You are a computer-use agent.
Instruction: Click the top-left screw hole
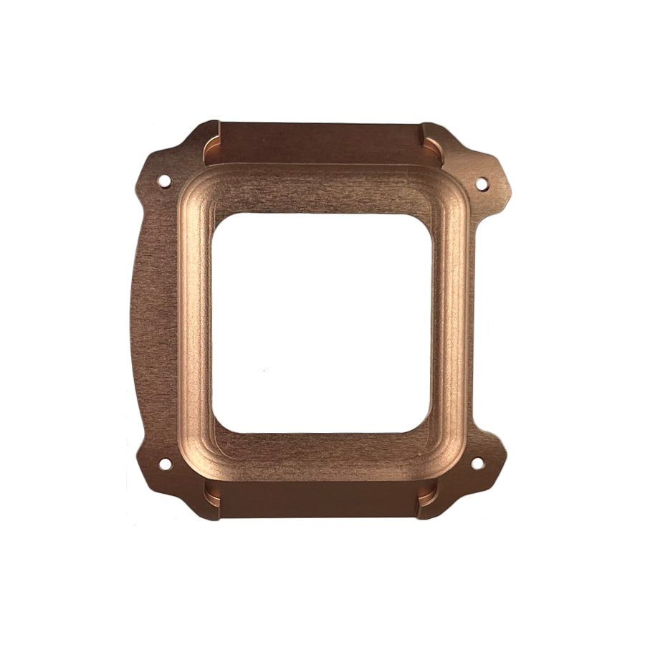pyautogui.click(x=164, y=181)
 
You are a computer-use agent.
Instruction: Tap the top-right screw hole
pyautogui.click(x=481, y=183)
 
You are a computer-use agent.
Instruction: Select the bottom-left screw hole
pyautogui.click(x=165, y=464)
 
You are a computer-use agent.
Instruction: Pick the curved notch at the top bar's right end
pyautogui.click(x=432, y=147)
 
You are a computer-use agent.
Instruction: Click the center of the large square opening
pyautogui.click(x=322, y=322)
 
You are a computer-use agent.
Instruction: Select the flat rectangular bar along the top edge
pyautogui.click(x=321, y=142)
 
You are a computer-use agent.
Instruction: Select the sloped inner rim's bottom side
pyautogui.click(x=322, y=449)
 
